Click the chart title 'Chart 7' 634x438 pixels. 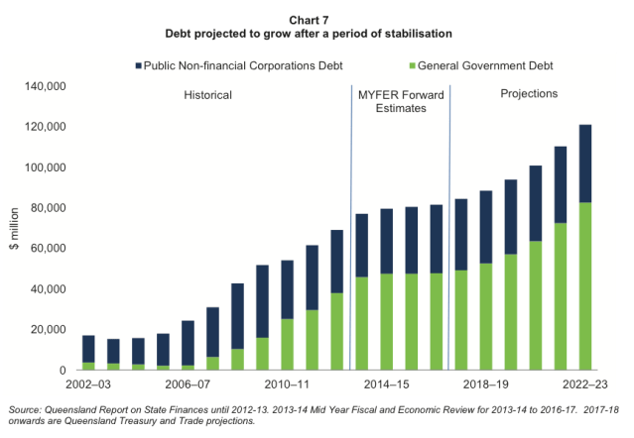316,20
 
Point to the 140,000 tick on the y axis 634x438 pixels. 43,87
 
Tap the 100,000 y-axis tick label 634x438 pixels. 43,168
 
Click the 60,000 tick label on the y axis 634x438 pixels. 46,250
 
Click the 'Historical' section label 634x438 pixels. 207,95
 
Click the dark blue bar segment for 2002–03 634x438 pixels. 88,349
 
